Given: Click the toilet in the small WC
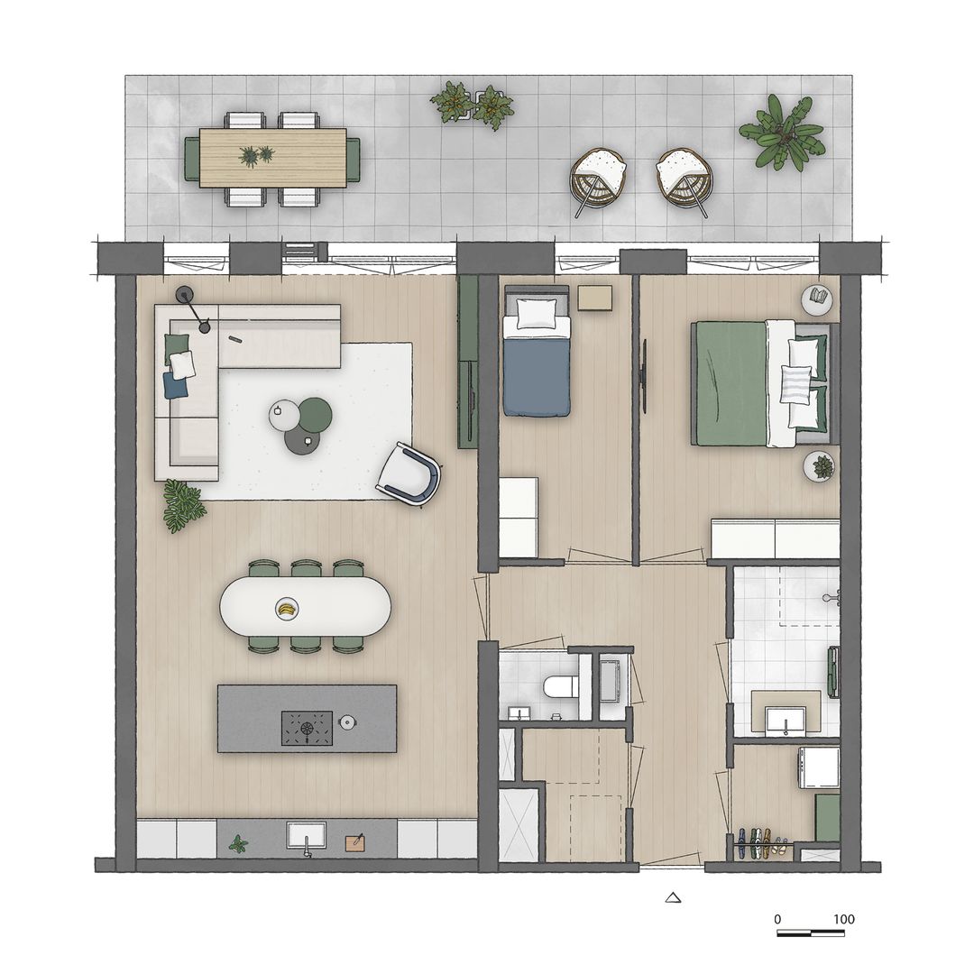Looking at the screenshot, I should coord(560,688).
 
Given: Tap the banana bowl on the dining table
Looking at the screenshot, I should coord(287,610).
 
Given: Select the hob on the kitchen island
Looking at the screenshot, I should coord(307,728).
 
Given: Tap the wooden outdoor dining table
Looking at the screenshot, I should coord(272,158).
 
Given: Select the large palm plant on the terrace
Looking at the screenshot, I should coord(783,133).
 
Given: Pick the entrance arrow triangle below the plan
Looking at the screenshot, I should coord(672,896).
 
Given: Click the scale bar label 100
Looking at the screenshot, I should coord(843,920).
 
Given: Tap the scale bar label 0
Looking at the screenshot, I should coord(777,920).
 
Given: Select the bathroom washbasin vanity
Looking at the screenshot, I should coord(786,713).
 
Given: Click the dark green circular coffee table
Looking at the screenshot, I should coord(316,413).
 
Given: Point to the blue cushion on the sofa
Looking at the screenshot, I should coord(175,385).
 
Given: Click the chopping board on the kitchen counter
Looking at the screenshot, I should coord(356,842).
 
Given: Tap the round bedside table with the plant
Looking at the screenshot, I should coord(820,466).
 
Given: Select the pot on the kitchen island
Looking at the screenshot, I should coord(348,722).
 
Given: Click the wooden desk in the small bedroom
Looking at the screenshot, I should coord(595,298).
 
